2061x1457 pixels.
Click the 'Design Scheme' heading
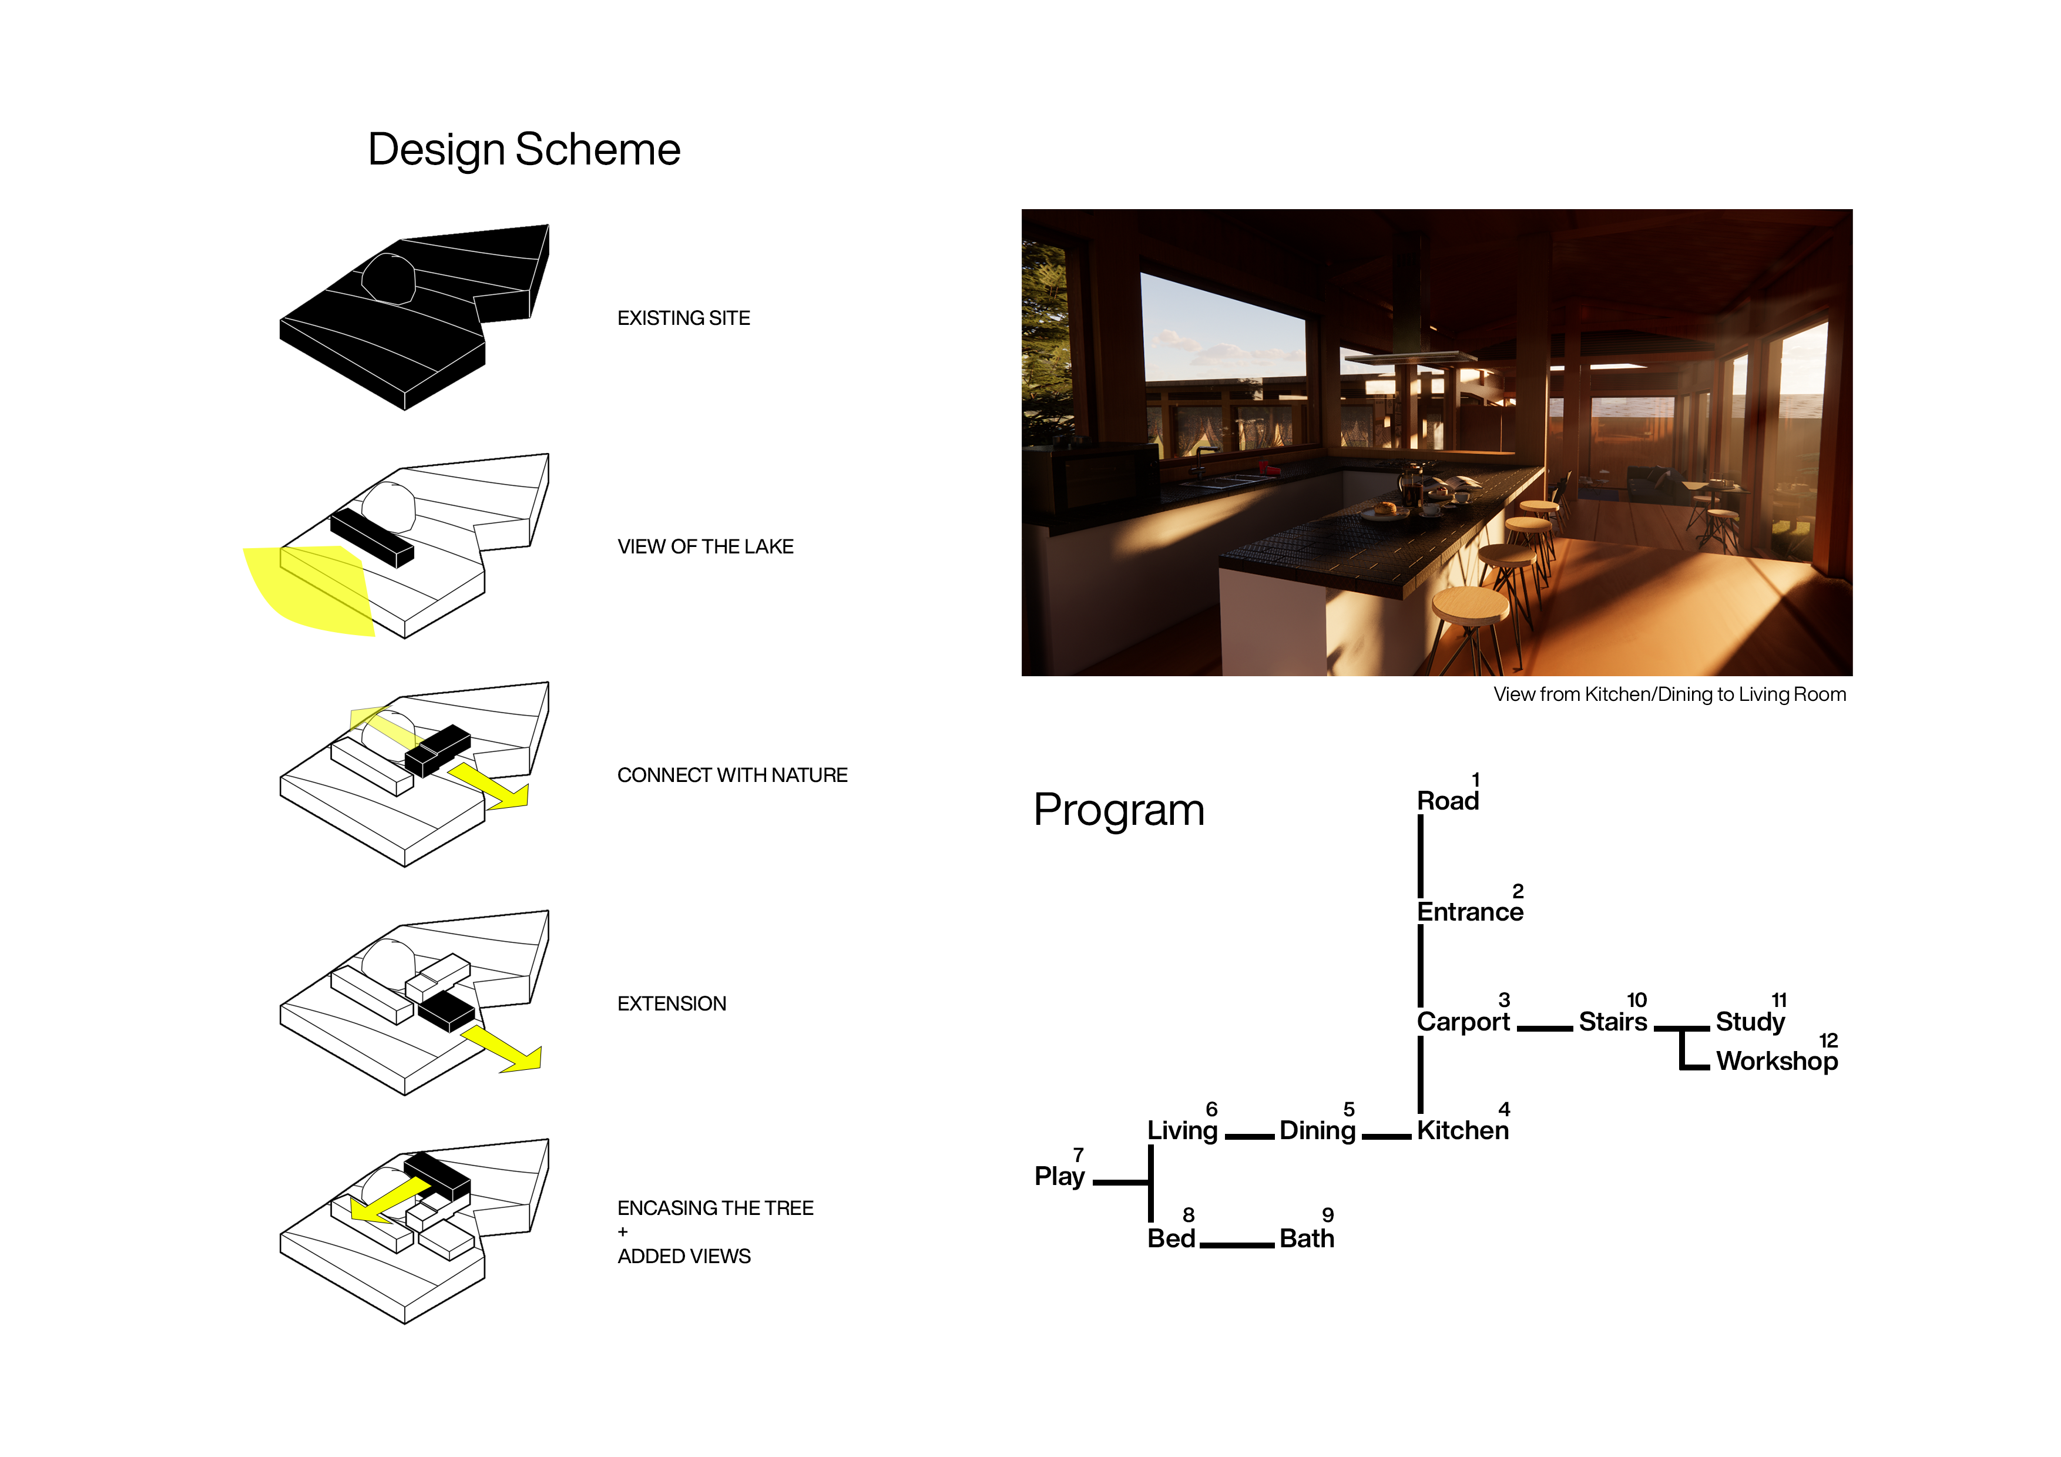coord(523,149)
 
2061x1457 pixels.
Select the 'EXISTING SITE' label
coord(683,318)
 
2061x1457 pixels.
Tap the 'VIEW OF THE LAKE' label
coord(704,547)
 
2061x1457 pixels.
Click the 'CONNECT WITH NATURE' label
coord(731,775)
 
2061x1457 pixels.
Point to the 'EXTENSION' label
coord(672,1003)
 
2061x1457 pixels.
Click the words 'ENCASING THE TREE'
coord(714,1208)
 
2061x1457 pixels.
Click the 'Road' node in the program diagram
coord(1447,801)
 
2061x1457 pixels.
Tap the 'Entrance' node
coord(1469,912)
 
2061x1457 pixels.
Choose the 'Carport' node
coord(1463,1022)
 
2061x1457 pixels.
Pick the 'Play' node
coord(1059,1176)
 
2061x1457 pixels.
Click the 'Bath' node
coord(1306,1239)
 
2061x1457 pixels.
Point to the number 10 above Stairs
coord(1636,1000)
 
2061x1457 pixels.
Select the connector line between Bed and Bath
coord(1236,1245)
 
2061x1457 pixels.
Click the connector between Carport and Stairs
coord(1544,1029)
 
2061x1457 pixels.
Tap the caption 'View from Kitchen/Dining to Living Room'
coord(1669,695)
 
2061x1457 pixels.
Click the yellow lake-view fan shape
coord(301,588)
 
